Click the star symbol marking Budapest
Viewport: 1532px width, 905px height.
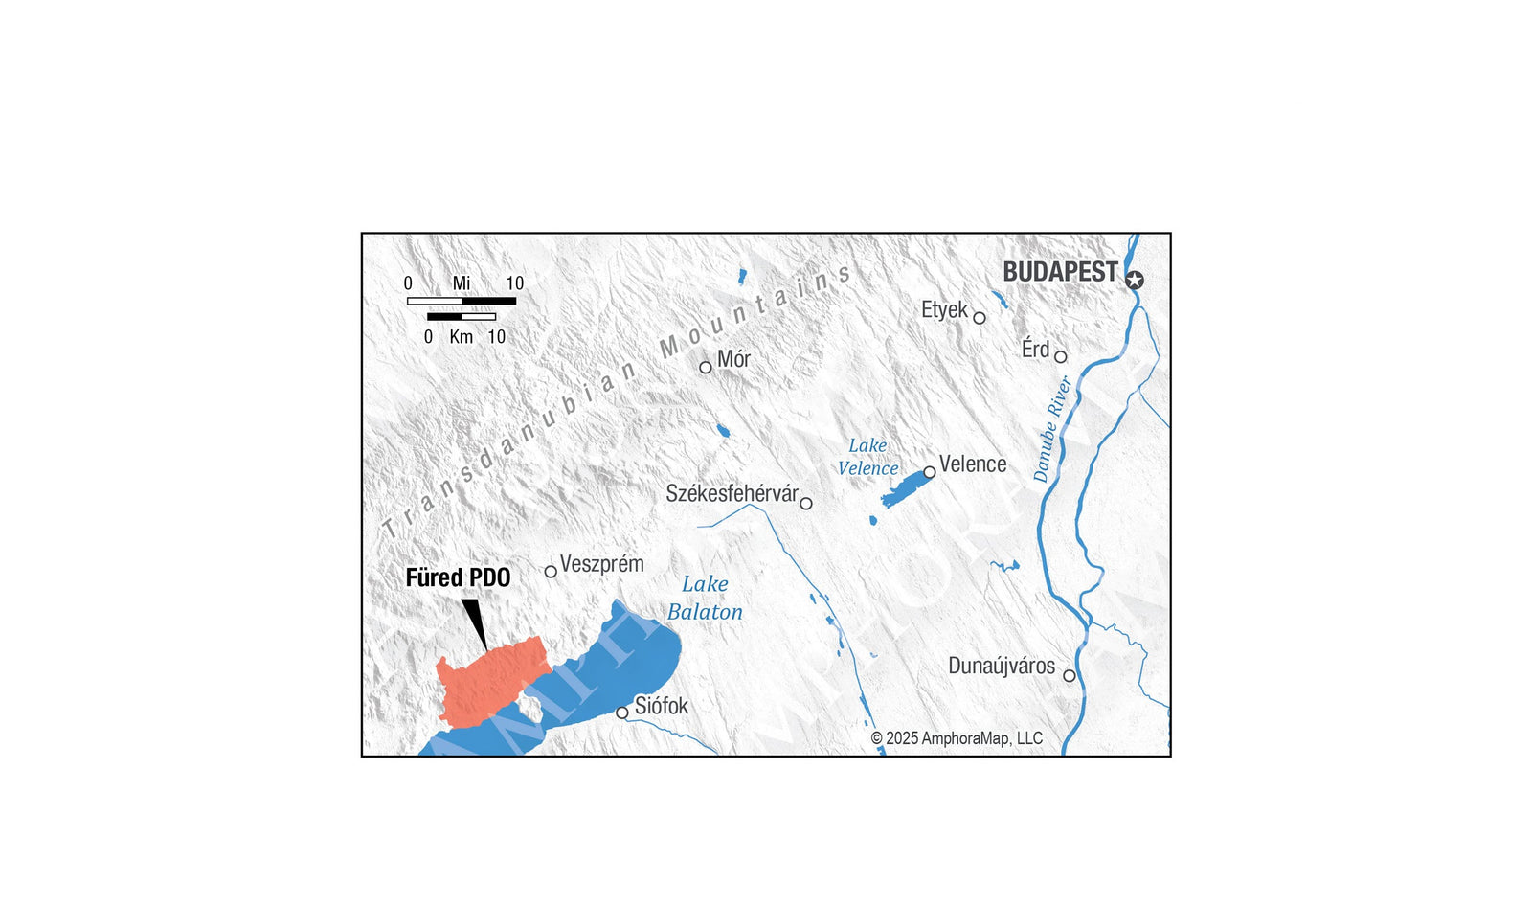coord(1135,281)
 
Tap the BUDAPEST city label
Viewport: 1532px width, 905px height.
coord(1059,272)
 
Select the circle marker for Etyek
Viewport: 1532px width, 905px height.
coord(979,318)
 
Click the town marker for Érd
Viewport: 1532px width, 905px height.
coord(1060,357)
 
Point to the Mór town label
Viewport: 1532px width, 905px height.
coord(733,359)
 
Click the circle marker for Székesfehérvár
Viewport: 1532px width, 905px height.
coord(806,504)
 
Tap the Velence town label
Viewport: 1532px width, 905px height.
coord(972,464)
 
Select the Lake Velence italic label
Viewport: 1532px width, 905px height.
coord(867,457)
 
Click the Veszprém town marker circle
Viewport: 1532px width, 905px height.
coord(551,572)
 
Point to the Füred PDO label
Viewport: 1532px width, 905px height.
coord(458,577)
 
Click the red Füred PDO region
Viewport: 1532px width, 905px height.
coord(488,678)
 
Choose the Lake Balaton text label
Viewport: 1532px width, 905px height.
coord(705,598)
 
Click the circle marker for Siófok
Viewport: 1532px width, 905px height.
coord(622,713)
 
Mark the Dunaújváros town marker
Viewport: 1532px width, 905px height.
coord(1070,676)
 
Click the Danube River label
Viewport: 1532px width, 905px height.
coord(1052,428)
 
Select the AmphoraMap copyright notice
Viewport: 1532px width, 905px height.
coord(956,738)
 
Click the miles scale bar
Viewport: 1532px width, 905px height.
coord(462,301)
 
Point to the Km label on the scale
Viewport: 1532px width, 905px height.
coord(462,337)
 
